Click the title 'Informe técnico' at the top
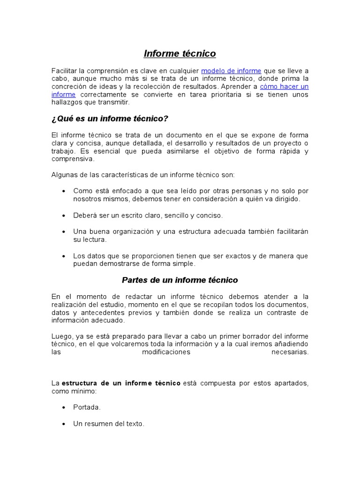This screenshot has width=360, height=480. click(x=180, y=53)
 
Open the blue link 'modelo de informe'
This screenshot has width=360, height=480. click(x=231, y=71)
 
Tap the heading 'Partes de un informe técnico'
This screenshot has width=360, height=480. click(x=180, y=280)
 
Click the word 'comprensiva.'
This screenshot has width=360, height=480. click(x=73, y=159)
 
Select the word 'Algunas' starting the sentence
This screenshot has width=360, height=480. click(x=63, y=175)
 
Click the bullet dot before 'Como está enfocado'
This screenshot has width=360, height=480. click(x=63, y=191)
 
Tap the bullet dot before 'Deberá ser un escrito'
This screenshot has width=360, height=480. click(x=63, y=216)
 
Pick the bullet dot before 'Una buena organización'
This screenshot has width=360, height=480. click(x=63, y=232)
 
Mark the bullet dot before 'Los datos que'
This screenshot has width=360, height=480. click(x=63, y=256)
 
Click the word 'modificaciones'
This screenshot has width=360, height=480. click(x=166, y=352)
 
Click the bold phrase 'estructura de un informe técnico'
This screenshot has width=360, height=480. click(x=121, y=383)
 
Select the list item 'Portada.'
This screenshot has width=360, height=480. click(x=87, y=407)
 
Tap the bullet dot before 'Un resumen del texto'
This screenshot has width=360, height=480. click(x=63, y=424)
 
